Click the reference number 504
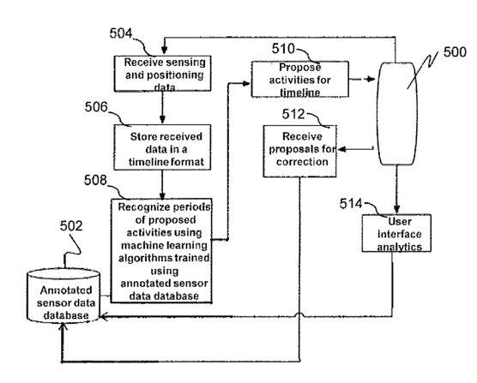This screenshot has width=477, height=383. click(121, 33)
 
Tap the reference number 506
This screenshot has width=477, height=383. click(96, 107)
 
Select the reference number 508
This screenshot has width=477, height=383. click(95, 180)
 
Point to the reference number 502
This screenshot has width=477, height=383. click(71, 226)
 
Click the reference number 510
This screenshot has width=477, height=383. click(283, 49)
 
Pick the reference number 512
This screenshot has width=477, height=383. click(293, 114)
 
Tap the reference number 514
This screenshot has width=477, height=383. click(351, 204)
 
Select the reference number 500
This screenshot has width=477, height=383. click(455, 52)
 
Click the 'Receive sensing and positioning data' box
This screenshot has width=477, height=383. click(163, 74)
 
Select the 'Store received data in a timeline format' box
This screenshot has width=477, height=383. click(162, 147)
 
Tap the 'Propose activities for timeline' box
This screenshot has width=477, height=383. click(300, 80)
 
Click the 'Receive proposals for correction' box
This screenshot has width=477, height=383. click(300, 152)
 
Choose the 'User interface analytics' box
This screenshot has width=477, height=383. click(396, 233)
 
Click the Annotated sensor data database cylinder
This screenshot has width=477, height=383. click(63, 295)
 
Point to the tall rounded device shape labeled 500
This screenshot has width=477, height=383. click(396, 114)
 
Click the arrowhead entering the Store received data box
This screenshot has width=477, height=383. click(162, 120)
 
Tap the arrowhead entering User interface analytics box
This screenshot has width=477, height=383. click(396, 209)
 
